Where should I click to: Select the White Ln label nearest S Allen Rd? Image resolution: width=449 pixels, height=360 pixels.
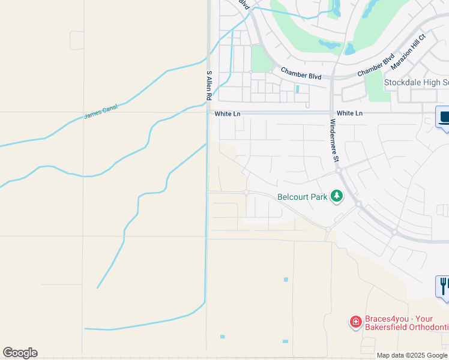tap(228, 113)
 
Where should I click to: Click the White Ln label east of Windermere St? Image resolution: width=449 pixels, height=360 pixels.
tap(350, 113)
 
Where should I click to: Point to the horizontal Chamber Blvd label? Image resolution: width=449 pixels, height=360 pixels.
tap(301, 73)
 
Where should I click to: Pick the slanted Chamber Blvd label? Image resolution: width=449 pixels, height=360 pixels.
tap(376, 65)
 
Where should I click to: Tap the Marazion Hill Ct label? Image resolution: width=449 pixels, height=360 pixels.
tap(408, 49)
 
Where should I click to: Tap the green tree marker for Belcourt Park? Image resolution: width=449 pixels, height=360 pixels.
tap(337, 196)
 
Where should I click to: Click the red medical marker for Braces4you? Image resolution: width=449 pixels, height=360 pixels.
tap(355, 322)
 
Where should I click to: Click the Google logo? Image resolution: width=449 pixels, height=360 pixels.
tap(20, 353)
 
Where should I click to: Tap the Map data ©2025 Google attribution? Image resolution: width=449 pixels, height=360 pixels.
tap(412, 355)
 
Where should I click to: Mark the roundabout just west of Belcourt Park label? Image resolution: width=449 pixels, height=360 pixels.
tap(246, 192)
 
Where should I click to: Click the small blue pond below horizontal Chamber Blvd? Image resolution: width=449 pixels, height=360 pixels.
tap(298, 89)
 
